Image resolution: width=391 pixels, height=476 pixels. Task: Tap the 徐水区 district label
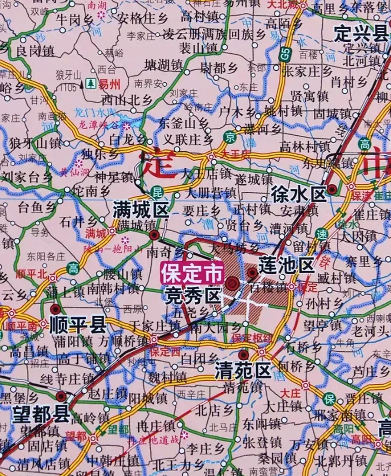[x=299, y=193]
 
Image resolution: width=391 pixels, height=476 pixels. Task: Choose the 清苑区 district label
[x=243, y=370]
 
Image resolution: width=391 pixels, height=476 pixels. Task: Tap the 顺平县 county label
[x=78, y=324]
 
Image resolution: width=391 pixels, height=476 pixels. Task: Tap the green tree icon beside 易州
[x=90, y=84]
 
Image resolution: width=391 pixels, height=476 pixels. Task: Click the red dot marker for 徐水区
[x=332, y=190]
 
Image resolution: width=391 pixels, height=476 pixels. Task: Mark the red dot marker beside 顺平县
[x=56, y=309]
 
